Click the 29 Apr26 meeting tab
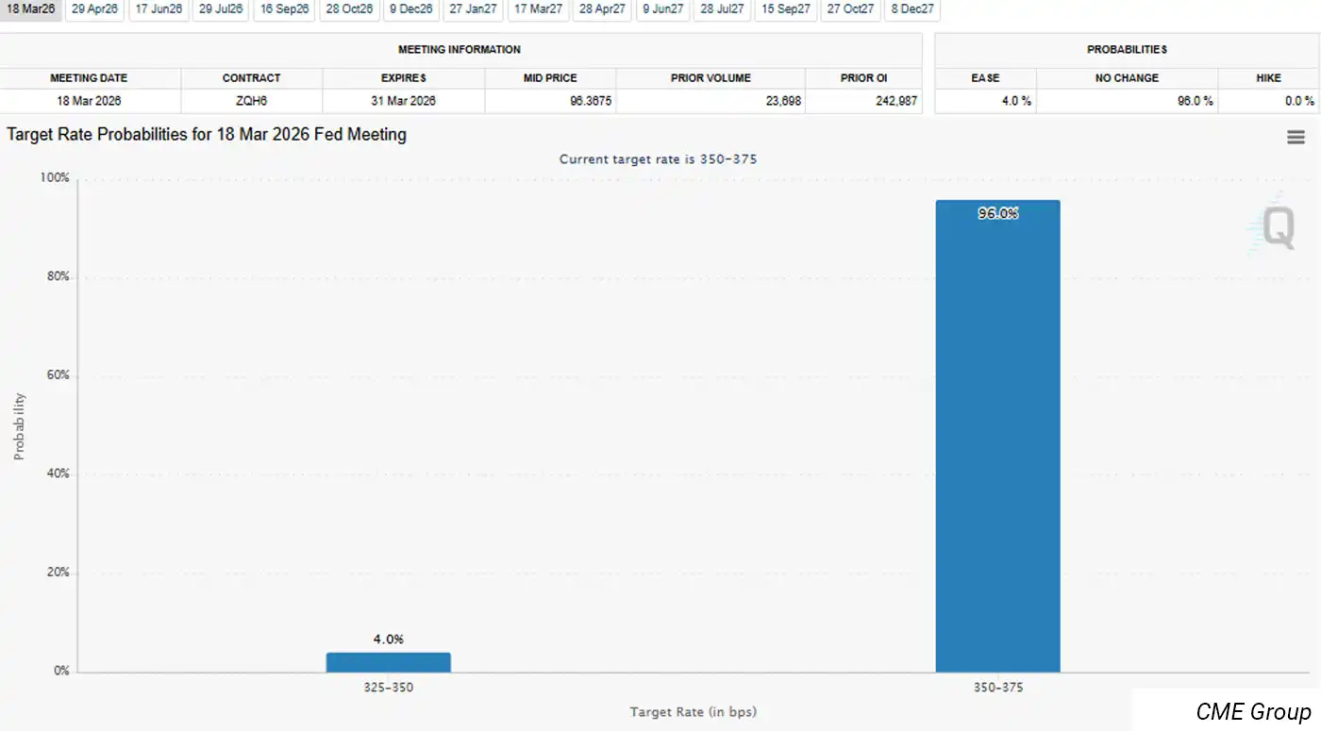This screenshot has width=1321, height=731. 95,8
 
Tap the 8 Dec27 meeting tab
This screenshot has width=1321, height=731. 911,8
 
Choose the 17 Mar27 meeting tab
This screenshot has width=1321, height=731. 537,8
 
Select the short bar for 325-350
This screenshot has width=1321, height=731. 388,662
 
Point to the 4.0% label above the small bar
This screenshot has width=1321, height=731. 388,639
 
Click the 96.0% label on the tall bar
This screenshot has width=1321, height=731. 997,214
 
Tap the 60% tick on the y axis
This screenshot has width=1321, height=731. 57,375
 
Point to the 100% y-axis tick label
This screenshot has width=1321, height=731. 55,177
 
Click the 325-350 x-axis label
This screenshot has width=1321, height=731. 389,688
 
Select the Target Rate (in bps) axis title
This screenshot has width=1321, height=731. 694,712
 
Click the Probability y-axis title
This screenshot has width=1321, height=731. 19,426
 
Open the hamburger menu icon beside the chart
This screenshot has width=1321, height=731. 1296,138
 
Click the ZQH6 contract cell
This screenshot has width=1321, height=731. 251,100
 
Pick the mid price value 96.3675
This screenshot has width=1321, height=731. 549,100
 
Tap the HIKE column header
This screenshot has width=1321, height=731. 1268,77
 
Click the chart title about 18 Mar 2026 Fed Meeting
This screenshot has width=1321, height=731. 207,135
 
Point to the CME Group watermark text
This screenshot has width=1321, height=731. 1253,711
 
